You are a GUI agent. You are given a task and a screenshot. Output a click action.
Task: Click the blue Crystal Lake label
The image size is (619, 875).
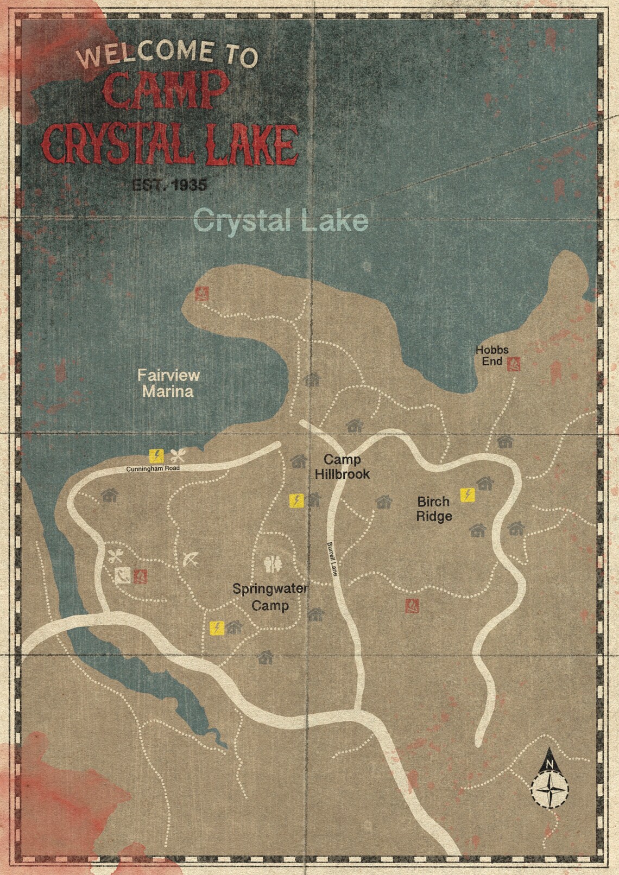(281, 221)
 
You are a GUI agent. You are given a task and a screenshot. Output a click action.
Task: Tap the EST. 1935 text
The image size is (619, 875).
(169, 185)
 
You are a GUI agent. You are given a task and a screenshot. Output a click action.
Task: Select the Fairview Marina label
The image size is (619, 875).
(168, 383)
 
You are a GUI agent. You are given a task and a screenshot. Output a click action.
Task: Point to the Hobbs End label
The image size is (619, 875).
(492, 356)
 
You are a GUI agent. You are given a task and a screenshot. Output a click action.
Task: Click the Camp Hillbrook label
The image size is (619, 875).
(342, 467)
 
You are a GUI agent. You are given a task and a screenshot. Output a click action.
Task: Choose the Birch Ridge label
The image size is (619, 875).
(434, 509)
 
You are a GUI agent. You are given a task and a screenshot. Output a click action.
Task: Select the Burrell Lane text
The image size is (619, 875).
(332, 559)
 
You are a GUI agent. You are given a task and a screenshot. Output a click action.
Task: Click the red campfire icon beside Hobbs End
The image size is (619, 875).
(514, 364)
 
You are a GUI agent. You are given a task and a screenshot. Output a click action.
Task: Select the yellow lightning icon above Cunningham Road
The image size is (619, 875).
(157, 455)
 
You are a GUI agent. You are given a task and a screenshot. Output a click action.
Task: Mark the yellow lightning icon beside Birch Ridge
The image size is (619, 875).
(467, 494)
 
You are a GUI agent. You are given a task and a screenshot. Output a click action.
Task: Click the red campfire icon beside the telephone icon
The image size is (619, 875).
(141, 575)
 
